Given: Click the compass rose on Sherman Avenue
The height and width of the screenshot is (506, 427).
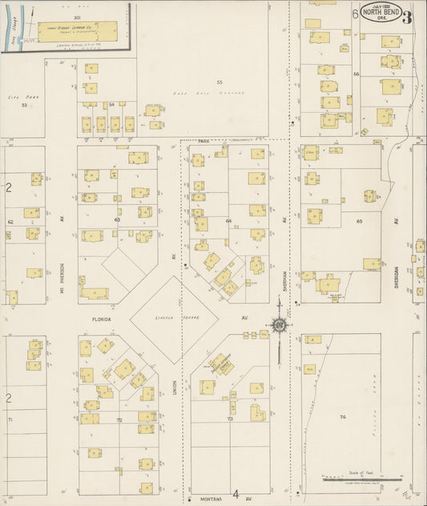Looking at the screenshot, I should point(280,325).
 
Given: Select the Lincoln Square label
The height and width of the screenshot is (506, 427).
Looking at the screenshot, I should point(168,318).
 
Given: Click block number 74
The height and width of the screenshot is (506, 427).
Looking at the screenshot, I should point(342,418).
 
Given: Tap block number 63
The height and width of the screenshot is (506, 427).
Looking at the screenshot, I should point(117,219).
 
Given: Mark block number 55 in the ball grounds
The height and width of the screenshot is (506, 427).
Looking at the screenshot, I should point(218,82).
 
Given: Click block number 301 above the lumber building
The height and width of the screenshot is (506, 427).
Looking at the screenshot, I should point(77,17).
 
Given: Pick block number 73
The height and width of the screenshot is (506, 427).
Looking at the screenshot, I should point(229,419).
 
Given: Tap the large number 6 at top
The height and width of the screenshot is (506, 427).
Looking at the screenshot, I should point(354,14).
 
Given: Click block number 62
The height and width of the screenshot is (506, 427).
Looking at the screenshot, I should point(10,222).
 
